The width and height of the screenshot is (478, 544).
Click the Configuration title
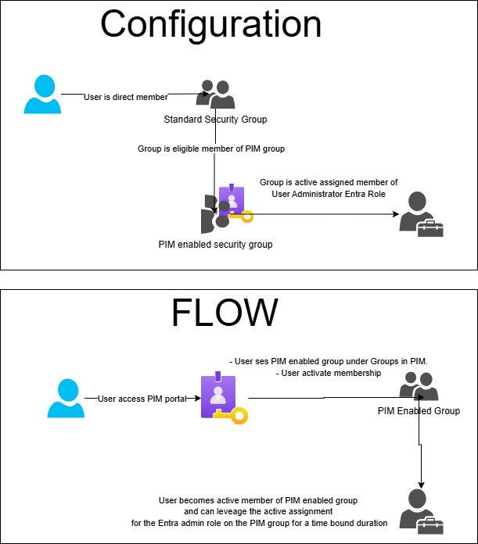(x=210, y=24)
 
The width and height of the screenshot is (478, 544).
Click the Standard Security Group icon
(x=216, y=95)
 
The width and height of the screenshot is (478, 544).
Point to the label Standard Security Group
(x=215, y=120)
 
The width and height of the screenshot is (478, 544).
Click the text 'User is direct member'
(x=126, y=96)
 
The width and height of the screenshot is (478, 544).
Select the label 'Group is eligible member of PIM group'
(x=216, y=148)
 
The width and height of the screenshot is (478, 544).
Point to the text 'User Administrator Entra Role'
(x=329, y=193)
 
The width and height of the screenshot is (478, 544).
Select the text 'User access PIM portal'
(x=142, y=398)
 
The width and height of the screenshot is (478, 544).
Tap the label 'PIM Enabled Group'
(x=419, y=411)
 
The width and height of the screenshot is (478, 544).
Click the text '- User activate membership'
(x=328, y=374)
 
